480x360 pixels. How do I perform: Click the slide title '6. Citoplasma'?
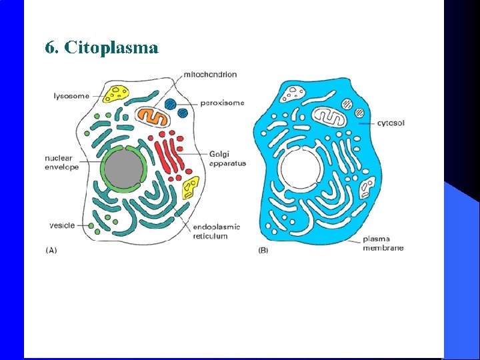click(x=101, y=48)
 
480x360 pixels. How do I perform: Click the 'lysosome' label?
click(x=71, y=96)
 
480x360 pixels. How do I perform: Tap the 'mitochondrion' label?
click(x=209, y=74)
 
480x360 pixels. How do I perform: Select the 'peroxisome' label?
click(x=222, y=103)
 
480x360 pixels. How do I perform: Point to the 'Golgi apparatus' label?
click(x=227, y=159)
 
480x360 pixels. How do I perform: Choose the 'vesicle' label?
click(x=63, y=225)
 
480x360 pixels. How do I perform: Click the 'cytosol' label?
click(x=391, y=123)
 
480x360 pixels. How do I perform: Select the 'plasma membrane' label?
click(x=383, y=243)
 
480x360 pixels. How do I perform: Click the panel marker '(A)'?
click(x=51, y=251)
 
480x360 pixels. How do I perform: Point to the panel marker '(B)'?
click(x=263, y=251)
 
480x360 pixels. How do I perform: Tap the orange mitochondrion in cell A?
click(x=153, y=116)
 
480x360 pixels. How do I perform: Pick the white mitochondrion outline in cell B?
click(x=331, y=117)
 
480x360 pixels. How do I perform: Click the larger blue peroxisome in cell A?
click(x=171, y=104)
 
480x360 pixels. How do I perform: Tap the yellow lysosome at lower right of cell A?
click(x=191, y=187)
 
